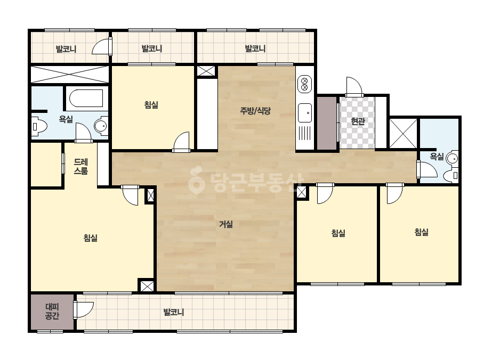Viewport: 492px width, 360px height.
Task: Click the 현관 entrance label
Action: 358,121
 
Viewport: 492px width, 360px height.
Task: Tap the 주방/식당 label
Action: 255,111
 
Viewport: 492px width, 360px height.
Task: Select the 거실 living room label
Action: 225,224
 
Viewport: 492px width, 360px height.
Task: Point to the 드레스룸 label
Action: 80,167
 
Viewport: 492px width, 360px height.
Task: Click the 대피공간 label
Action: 52,312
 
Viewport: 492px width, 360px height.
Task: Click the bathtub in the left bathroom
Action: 86,98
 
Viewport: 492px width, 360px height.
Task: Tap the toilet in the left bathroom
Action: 39,126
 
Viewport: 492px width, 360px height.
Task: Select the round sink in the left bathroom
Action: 101,126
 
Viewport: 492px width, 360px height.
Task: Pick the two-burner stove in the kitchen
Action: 304,84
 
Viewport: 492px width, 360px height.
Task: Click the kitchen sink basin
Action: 305,113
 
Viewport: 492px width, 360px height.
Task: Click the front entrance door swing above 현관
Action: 354,86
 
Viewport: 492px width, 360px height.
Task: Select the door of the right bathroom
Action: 427,169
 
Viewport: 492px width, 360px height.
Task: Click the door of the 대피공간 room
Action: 84,310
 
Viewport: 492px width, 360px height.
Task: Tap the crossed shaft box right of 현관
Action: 403,133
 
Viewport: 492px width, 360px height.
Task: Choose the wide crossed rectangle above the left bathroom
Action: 70,74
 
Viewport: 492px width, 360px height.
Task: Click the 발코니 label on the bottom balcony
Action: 174,312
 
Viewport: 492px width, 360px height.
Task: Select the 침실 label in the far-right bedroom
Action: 422,232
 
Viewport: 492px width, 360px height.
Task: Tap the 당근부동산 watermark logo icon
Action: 196,180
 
